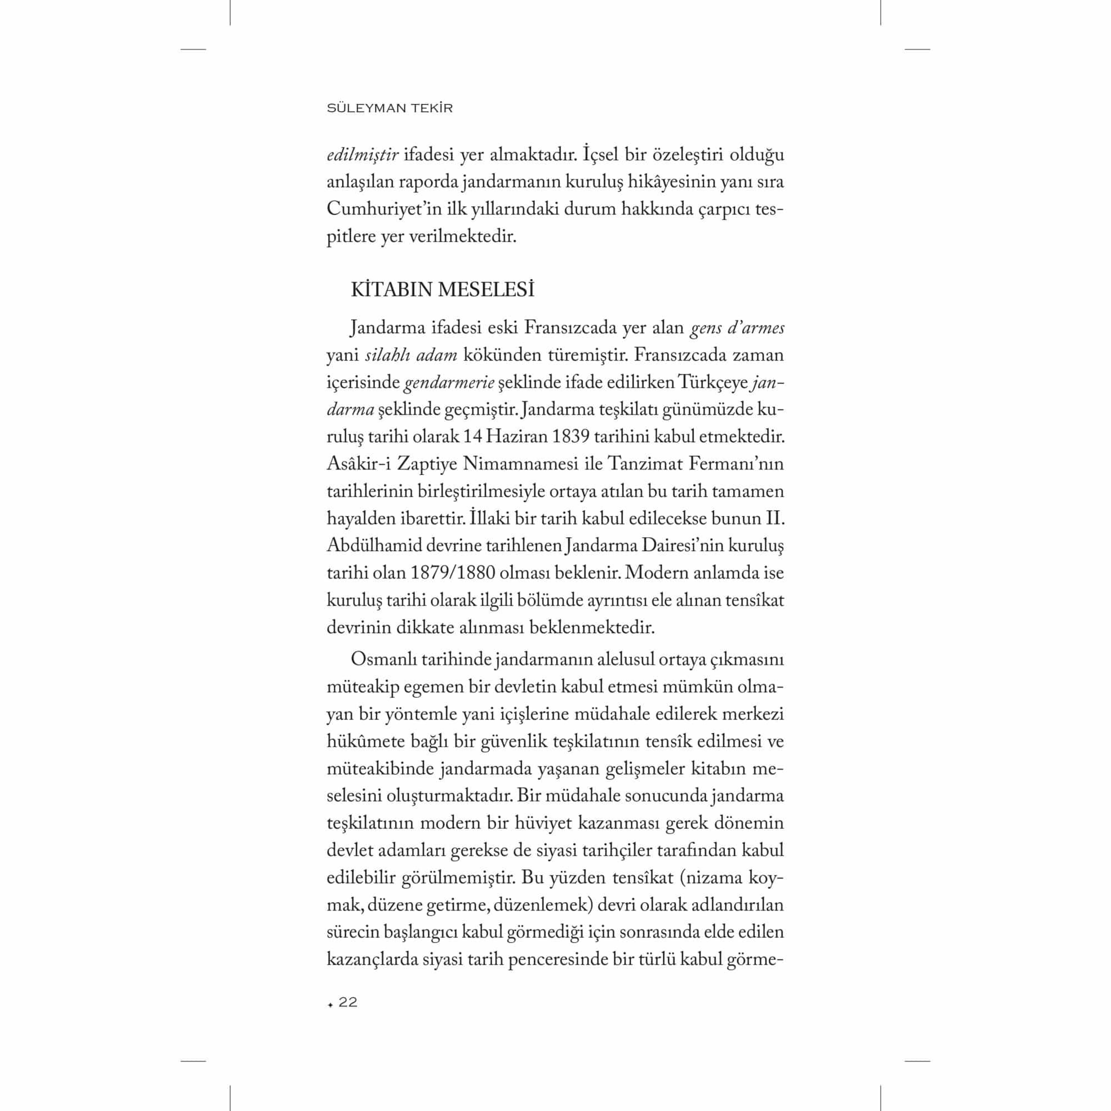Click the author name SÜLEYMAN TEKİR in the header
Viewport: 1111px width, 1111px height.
[389, 108]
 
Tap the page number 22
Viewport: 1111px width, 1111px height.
[348, 1002]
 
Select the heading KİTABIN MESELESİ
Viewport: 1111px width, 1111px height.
[442, 290]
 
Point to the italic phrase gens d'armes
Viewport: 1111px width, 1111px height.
[737, 328]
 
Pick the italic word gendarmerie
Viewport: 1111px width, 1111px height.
[449, 382]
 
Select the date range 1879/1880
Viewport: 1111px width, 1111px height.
[453, 573]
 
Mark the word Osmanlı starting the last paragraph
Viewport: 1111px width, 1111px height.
[383, 659]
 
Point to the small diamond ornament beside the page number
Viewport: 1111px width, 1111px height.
[330, 1004]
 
